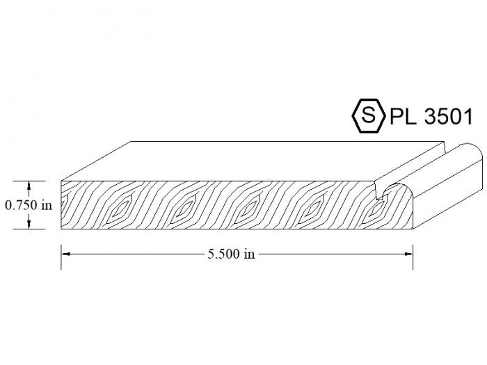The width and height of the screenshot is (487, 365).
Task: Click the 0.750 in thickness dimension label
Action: [29, 205]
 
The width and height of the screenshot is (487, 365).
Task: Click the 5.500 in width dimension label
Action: [232, 254]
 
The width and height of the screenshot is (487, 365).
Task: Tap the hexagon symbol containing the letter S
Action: [368, 116]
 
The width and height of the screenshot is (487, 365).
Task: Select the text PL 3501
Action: [431, 116]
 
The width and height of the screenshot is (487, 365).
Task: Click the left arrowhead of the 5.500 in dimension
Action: [65, 254]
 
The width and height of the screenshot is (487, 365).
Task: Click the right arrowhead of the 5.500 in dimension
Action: [408, 254]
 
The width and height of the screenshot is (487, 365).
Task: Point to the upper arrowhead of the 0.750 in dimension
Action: [29, 186]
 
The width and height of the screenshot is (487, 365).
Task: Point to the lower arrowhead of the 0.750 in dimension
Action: [29, 225]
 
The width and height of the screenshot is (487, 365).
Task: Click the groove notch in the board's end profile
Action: [380, 192]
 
